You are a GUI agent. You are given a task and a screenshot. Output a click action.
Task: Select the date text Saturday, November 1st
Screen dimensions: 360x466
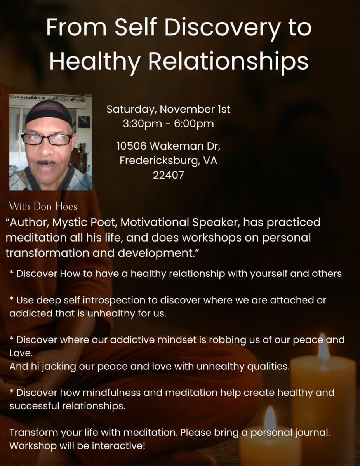point(168,110)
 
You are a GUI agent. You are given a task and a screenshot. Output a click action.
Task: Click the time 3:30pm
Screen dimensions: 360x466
point(143,124)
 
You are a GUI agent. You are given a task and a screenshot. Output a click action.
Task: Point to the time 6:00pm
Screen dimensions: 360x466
point(194,124)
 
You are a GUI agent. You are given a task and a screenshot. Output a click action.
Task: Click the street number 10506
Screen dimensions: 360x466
point(132,146)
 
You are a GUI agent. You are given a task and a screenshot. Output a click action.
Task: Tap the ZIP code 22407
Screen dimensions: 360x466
point(168,175)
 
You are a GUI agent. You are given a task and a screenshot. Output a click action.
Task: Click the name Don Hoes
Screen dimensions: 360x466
point(55,206)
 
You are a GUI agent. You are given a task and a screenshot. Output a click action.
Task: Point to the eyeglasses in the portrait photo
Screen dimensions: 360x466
point(47,139)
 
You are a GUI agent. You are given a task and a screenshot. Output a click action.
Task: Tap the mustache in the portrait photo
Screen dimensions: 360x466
point(46,163)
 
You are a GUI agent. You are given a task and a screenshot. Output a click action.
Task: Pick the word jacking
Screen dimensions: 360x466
point(59,367)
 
